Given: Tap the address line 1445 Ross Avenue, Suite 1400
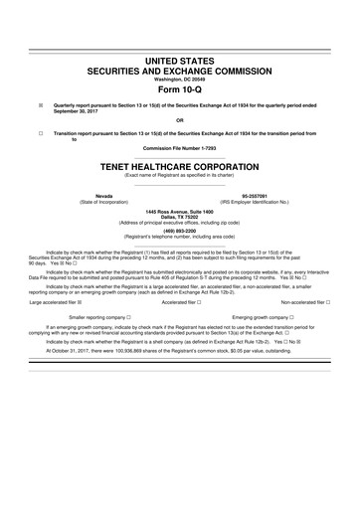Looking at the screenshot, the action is coord(180,213).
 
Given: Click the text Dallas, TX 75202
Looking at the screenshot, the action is coord(180,219).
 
